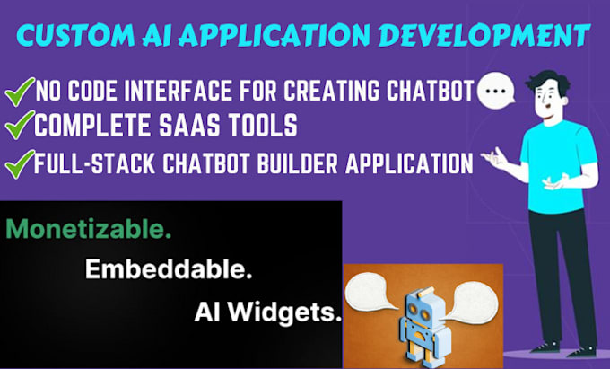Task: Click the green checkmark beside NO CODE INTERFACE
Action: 19,91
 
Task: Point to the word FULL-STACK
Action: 86,164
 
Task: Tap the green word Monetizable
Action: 88,231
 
